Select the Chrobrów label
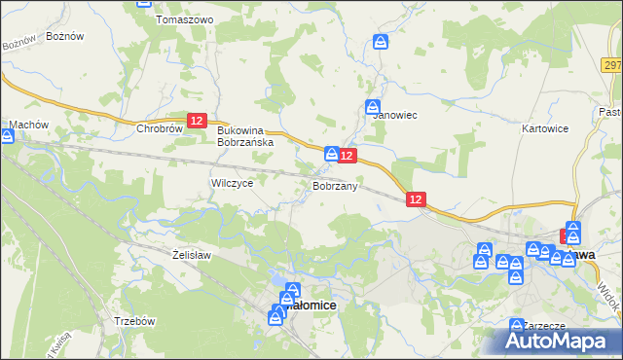160,127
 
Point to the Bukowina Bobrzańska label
246,135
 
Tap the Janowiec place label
395,115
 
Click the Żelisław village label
191,255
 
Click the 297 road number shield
611,65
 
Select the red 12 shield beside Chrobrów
197,120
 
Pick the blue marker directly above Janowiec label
373,106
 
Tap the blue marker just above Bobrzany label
332,154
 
